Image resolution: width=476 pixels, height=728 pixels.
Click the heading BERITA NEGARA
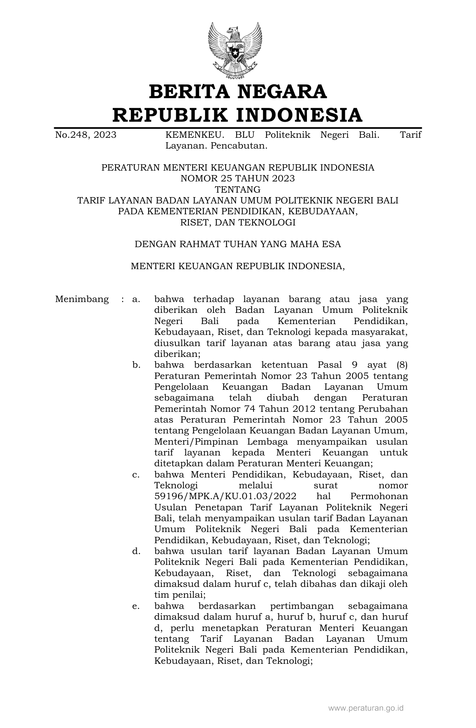tap(238, 92)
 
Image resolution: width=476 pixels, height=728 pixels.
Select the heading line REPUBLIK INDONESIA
tap(238, 115)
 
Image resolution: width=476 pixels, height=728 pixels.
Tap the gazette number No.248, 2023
tap(85, 135)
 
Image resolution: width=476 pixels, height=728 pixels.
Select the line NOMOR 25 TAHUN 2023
tap(238, 178)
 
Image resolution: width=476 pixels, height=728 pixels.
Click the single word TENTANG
tap(238, 189)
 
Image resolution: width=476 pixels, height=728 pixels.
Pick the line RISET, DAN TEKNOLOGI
tap(238, 223)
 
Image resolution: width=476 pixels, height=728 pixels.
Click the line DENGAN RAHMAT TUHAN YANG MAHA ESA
tap(238, 245)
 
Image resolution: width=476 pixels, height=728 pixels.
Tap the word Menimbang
tap(82, 299)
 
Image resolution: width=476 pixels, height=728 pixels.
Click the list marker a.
tap(136, 299)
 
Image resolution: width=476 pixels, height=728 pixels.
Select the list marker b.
tap(136, 365)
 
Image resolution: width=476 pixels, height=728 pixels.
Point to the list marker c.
tap(136, 475)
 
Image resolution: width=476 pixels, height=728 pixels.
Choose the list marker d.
tap(136, 551)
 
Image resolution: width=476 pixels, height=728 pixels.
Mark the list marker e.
tap(136, 606)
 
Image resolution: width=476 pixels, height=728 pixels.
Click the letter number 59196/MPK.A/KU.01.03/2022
tap(225, 497)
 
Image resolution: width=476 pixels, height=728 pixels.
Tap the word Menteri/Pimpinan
tap(196, 442)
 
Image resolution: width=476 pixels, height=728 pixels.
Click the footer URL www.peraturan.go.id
tap(366, 707)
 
